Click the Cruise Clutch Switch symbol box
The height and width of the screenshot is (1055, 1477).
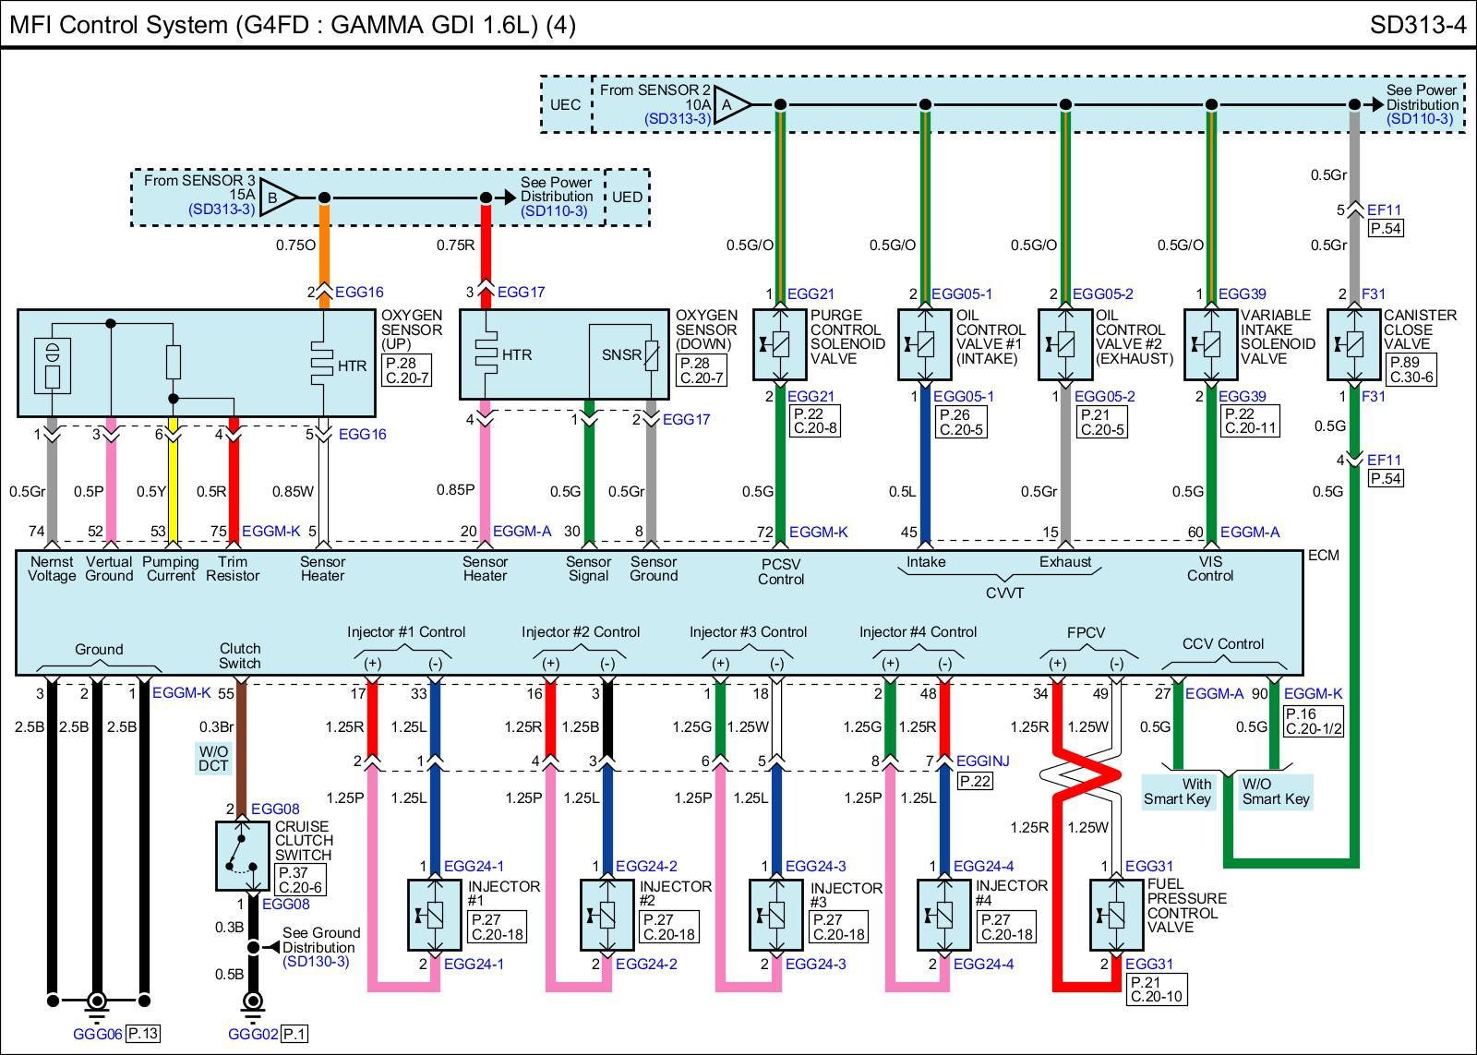[x=243, y=855]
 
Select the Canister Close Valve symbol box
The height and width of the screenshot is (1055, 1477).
[x=1353, y=344]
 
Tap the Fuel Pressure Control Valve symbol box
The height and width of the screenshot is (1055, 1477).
[x=1116, y=915]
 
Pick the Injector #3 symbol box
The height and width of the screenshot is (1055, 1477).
[x=775, y=915]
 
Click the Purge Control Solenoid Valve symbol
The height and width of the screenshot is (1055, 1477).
[x=780, y=344]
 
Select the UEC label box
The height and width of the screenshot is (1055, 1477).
[x=565, y=104]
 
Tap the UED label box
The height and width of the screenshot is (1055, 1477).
[x=628, y=197]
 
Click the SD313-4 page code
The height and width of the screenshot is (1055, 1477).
[x=1417, y=25]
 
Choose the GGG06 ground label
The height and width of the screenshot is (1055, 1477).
[x=97, y=1034]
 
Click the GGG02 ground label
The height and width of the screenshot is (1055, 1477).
[x=252, y=1034]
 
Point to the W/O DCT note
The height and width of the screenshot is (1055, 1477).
[x=213, y=758]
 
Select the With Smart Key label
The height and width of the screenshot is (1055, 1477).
[x=1178, y=791]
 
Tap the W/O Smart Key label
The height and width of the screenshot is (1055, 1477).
[x=1275, y=791]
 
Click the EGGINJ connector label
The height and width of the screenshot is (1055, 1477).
[x=982, y=761]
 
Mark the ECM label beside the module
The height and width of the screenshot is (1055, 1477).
[x=1323, y=555]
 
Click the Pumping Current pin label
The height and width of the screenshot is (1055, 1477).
[x=171, y=569]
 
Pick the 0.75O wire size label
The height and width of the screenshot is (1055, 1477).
[x=295, y=245]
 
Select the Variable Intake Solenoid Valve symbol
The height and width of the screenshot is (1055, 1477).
[x=1211, y=344]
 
